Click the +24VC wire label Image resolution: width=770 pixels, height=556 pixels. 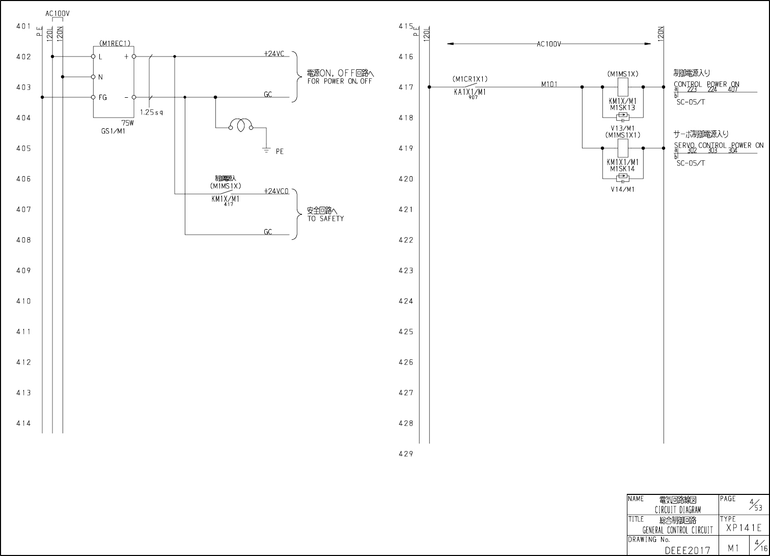pos(274,53)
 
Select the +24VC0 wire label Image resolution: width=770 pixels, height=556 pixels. pos(276,191)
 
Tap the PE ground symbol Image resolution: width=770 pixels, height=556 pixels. pos(266,150)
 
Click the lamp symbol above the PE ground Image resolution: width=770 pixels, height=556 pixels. pos(241,125)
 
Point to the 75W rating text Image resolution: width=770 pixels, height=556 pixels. pos(127,123)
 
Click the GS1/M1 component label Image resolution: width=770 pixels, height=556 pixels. pos(113,131)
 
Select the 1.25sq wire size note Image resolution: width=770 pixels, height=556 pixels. pos(151,112)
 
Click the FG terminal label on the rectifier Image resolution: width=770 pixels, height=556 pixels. pos(103,97)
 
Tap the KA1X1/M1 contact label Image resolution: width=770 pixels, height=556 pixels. pos(470,92)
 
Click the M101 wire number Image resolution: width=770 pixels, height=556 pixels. pos(549,84)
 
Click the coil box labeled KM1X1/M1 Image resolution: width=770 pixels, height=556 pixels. pos(623,148)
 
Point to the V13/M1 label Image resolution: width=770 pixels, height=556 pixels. pos(622,128)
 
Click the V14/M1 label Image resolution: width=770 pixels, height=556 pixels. pos(622,189)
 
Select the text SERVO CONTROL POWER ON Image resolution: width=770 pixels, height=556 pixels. pos(719,145)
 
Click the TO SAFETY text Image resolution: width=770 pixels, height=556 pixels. pos(325,218)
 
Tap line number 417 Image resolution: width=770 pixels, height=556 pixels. pos(406,87)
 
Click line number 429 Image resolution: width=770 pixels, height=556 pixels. pos(406,454)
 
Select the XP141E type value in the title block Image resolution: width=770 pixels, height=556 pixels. pos(744,528)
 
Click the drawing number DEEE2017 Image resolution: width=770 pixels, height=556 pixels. pos(687,550)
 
